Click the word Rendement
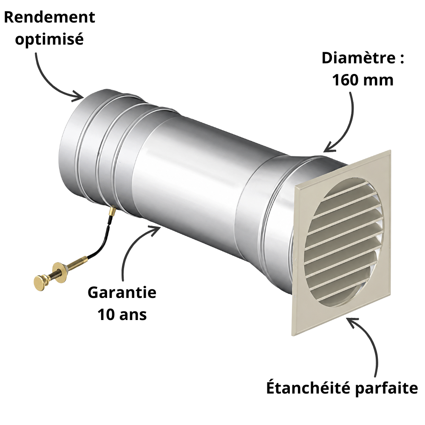pos(50,17)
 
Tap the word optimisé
pos(49,39)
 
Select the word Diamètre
pos(359,58)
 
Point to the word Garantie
pos(122,292)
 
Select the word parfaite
pos(386,388)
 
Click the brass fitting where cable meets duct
pos(112,211)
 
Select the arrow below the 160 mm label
pos(348,127)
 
